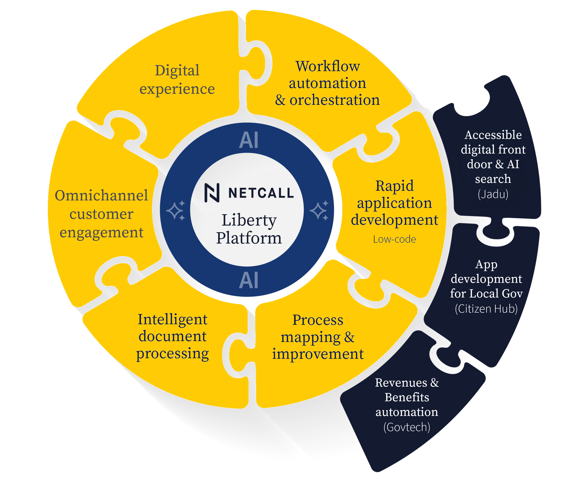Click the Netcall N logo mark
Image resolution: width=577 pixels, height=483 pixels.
pos(212,193)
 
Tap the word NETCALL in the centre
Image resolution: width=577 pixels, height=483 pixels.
pos(261,193)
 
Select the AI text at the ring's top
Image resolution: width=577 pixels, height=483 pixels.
pos(248,140)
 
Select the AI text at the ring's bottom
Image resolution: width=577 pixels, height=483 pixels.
pos(248,280)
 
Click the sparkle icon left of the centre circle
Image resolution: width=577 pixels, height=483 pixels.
pos(176,211)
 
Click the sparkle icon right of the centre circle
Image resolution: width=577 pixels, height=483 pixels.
pos(319,211)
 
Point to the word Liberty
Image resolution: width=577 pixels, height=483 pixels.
pos(249,220)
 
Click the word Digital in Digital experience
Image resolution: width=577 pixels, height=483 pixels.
pos(177,71)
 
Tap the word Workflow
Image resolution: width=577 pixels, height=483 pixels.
pos(327,66)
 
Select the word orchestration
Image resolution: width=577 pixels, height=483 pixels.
pos(334,100)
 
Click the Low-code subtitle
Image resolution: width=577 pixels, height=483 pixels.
pos(394,239)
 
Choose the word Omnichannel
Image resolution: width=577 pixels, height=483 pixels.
pos(101,196)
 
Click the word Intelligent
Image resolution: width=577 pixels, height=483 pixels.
pos(172,320)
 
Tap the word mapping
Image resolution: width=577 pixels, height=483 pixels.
pos(311,337)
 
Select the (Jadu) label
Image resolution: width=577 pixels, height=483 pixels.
pos(493,194)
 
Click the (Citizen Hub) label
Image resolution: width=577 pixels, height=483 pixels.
pos(486,309)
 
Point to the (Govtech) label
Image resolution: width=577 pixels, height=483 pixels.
pos(407,427)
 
